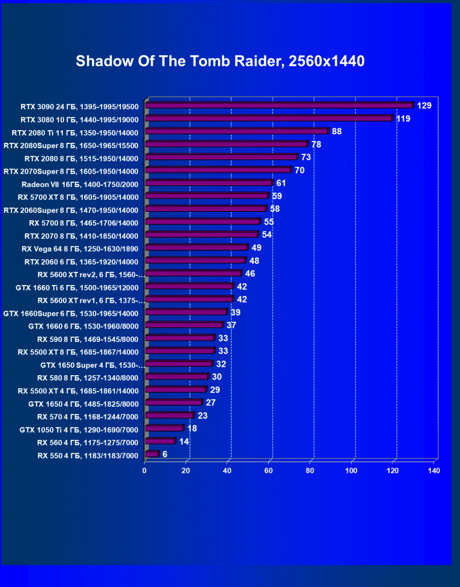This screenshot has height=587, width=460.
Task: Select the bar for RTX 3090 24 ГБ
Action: [x=279, y=106]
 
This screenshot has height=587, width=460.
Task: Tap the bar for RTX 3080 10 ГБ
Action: [x=269, y=119]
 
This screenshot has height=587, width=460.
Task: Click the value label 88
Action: [x=337, y=131]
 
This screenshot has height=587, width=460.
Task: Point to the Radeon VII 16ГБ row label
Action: [x=80, y=184]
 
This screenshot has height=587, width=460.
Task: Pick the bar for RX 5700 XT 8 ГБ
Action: [x=206, y=196]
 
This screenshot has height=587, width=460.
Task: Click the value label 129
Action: [x=424, y=106]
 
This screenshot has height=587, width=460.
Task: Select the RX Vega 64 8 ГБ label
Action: [x=80, y=249]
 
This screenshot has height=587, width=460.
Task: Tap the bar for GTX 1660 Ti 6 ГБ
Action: [x=189, y=286]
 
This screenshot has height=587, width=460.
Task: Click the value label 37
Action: [x=231, y=325]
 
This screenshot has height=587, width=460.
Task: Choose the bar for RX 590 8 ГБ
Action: [x=180, y=338]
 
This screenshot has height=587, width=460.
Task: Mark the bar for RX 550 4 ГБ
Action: [x=151, y=454]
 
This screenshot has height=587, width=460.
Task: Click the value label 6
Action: [x=165, y=454]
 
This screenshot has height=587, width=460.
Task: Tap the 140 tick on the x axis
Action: [x=433, y=470]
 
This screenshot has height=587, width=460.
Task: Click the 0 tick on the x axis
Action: [x=145, y=470]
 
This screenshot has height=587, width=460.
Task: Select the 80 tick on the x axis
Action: [x=310, y=470]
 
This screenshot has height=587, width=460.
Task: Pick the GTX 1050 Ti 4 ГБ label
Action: [x=79, y=430]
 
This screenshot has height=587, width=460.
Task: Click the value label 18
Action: [x=192, y=428]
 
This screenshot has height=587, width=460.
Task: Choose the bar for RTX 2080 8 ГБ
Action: [x=221, y=157]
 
